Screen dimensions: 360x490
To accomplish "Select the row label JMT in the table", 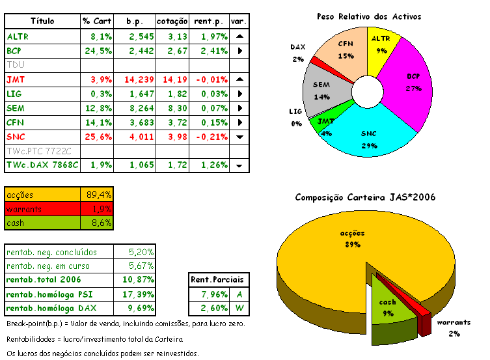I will (x=15, y=79).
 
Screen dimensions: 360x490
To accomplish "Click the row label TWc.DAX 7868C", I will (x=42, y=165).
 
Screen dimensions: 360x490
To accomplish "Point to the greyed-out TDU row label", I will (x=14, y=65).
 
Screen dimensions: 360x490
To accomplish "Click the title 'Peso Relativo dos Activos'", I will (x=368, y=16).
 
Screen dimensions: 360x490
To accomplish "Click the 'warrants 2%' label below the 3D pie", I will (x=454, y=327).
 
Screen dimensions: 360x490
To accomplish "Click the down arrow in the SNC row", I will (x=239, y=137).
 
